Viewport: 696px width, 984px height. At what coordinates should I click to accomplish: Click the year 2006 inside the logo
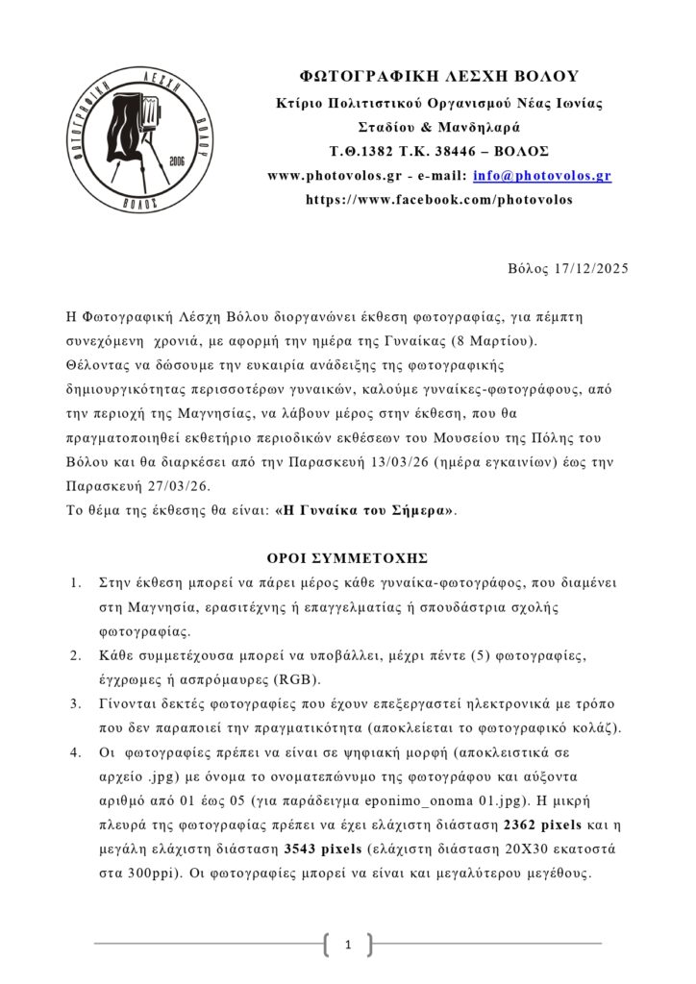click(x=176, y=160)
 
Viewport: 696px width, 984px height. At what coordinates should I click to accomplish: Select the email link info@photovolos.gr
click(x=541, y=176)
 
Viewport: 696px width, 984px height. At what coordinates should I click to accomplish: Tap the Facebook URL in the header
click(x=438, y=200)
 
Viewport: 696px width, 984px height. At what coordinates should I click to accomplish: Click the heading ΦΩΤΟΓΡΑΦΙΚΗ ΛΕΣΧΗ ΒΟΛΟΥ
click(x=438, y=77)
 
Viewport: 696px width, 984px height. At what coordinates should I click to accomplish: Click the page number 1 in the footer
click(x=348, y=946)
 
